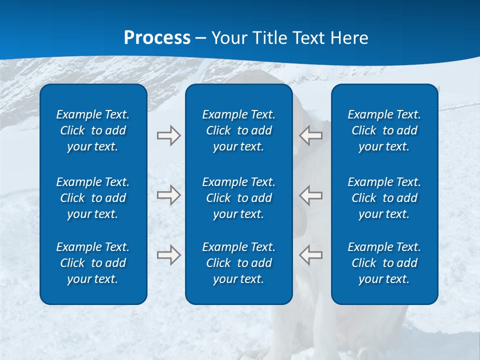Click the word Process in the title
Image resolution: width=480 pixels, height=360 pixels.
157,38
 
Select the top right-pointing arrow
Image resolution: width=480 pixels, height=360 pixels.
168,135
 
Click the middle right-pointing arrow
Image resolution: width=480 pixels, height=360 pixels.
168,195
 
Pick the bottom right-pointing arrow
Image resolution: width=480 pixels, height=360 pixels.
168,255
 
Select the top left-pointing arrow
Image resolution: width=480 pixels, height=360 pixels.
311,135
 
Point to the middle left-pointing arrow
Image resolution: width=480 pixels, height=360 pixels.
311,195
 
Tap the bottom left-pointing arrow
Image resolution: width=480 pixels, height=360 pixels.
311,255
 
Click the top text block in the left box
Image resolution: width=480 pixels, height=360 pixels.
93,130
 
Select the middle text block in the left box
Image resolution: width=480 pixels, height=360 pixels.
93,198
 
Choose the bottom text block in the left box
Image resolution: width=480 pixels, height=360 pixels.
93,263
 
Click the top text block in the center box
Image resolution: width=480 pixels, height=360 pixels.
239,130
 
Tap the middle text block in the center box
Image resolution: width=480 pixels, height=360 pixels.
239,198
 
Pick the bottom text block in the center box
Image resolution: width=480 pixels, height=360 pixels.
239,263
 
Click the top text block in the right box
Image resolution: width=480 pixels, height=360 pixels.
384,130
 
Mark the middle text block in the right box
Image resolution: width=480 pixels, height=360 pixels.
384,198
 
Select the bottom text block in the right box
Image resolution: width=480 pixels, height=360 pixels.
384,263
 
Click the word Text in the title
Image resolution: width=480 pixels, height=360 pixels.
308,38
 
